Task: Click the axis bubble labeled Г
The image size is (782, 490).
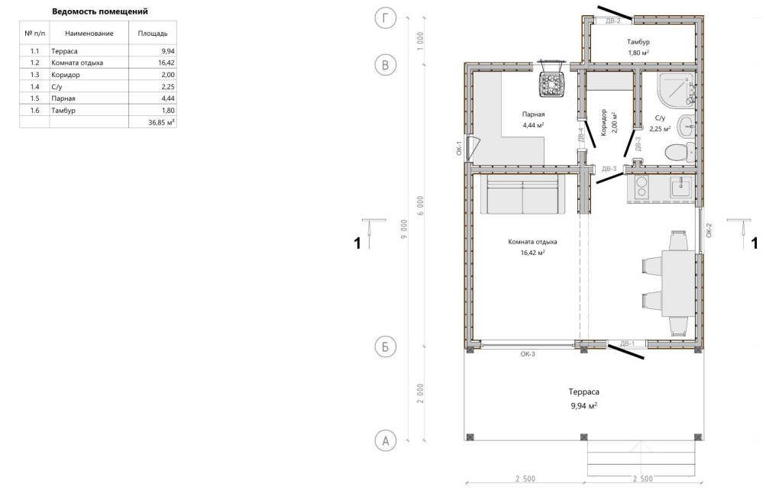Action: pos(385,18)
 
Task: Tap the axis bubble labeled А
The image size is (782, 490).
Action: pos(385,440)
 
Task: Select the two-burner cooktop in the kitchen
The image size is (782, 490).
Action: pos(641,189)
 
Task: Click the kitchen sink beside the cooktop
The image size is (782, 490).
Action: pos(680,188)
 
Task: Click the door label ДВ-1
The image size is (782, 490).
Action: pos(628,343)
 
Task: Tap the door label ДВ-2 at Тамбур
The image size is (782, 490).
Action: pos(613,21)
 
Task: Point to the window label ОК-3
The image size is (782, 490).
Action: pos(528,354)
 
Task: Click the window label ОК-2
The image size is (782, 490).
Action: pos(709,230)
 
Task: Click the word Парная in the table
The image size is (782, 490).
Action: pos(63,98)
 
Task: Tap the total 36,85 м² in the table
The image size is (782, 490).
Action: pos(161,122)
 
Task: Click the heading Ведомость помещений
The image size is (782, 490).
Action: pos(100,11)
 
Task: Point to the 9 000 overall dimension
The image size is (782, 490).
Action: pos(404,229)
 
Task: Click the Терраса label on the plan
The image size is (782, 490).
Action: pos(583,392)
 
